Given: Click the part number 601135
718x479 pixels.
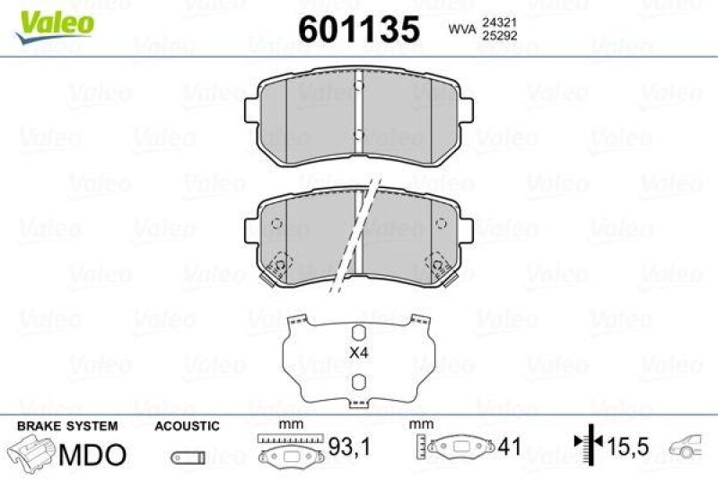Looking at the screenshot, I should click(359, 30).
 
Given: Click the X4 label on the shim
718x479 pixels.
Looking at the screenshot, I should click(359, 353).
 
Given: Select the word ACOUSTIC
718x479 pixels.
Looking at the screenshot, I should click(187, 425).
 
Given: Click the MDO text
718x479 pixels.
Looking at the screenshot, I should click(92, 453).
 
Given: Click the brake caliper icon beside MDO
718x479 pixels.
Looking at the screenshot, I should click(32, 451).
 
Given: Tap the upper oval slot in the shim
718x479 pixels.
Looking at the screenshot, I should click(358, 330).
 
